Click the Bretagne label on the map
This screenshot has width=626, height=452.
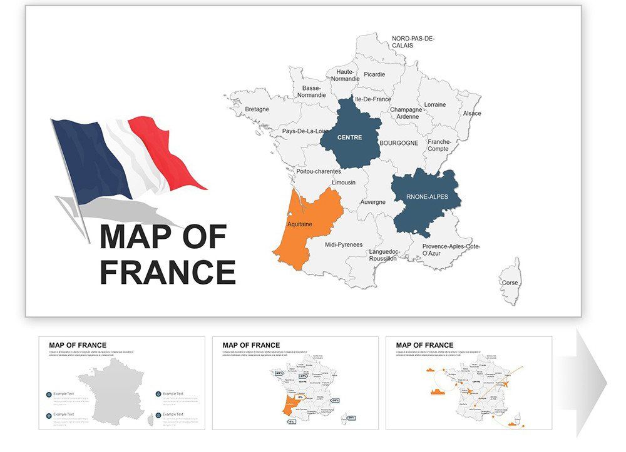pos(257,109)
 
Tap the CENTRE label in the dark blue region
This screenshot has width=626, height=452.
pos(349,138)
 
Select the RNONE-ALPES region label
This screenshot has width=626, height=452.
pos(427,196)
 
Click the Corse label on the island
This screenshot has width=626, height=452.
pos(510,283)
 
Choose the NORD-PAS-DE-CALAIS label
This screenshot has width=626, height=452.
pos(413,42)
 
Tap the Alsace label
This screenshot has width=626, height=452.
pos(472,114)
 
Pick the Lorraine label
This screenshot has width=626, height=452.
pos(435,104)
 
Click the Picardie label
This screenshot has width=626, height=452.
pos(374,74)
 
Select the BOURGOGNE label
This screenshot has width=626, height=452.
pos(399,143)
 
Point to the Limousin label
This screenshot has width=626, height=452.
pos(344,183)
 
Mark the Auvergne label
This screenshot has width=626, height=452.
pos(373,203)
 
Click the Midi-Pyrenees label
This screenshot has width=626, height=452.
pos(344,245)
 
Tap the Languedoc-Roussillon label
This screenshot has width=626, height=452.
pos(383,255)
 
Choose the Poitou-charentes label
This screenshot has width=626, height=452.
pos(319,171)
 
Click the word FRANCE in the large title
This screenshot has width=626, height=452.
pos(168,273)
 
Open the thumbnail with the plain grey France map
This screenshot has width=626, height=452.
pos(122,383)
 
